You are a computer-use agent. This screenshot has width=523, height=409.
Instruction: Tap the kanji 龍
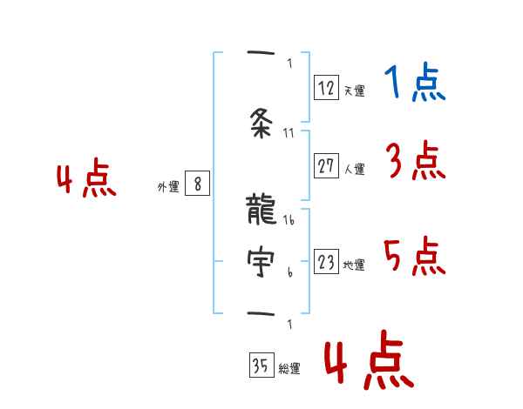click(261, 211)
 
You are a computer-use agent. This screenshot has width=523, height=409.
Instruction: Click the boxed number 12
click(326, 87)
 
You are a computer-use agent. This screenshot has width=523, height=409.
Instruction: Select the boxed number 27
click(326, 166)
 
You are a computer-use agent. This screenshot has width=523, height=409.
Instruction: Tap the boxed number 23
click(326, 262)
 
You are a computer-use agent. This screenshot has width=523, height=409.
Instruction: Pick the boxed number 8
click(198, 184)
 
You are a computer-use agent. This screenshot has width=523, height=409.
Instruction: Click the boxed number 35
click(261, 365)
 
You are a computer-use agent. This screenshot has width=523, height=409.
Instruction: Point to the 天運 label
click(354, 91)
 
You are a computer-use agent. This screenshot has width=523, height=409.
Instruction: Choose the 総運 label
click(289, 369)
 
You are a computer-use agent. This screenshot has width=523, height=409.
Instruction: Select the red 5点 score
click(415, 257)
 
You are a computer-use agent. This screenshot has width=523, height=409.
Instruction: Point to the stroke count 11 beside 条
click(290, 133)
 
